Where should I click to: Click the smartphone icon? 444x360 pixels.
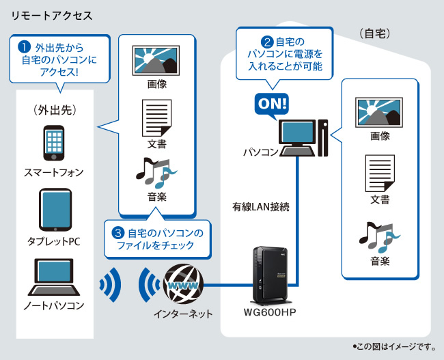click(55, 142)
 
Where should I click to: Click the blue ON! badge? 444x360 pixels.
click(271, 104)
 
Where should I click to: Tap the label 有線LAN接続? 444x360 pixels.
click(261, 206)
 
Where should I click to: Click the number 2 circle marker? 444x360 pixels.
click(267, 41)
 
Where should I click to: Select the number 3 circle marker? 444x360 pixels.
click(118, 233)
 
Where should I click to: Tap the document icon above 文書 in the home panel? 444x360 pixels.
click(380, 173)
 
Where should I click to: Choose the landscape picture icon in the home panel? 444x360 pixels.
click(380, 110)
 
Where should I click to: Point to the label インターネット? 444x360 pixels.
click(183, 314)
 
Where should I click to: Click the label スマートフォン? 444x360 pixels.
click(55, 172)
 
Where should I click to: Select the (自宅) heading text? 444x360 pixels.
click(374, 32)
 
